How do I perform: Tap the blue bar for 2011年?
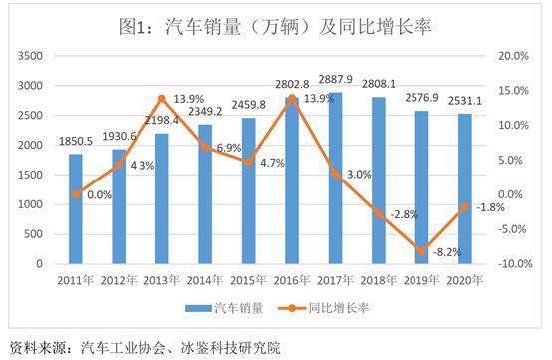76,209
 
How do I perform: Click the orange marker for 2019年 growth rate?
422,250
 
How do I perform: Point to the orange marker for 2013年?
162,98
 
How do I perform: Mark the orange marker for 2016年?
292,98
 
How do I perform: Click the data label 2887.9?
336,77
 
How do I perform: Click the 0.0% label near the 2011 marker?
99,195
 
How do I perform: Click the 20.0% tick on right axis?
515,55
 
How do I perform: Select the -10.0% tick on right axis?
514,264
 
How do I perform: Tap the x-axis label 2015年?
249,283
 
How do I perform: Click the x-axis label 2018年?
379,283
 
